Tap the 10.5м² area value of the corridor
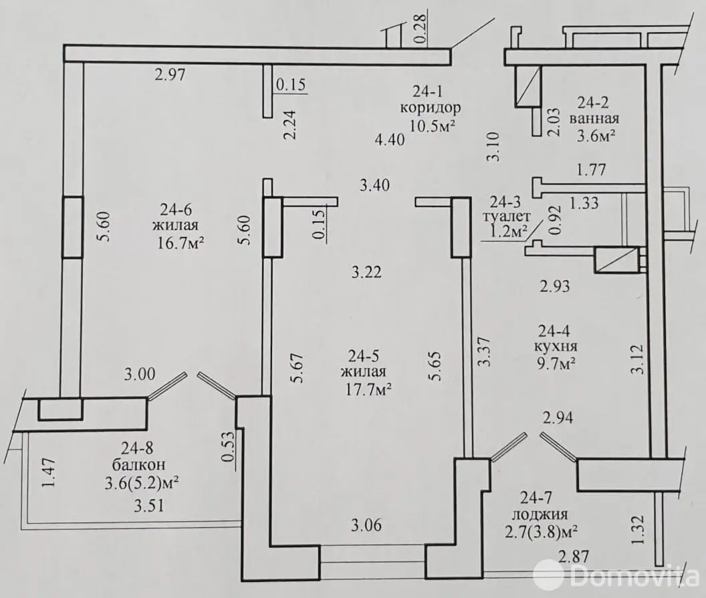[433, 124]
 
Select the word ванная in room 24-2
[594, 118]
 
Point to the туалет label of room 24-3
[509, 217]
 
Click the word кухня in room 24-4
[556, 347]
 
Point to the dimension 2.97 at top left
[168, 76]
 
